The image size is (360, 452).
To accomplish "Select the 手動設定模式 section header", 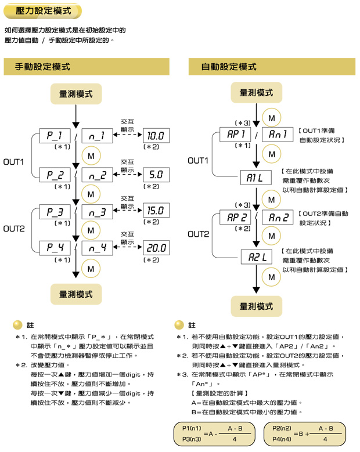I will (43, 67).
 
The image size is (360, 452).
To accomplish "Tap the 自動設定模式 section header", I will (229, 67).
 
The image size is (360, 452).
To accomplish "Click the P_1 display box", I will (55, 136).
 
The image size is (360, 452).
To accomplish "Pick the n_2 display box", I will (97, 175).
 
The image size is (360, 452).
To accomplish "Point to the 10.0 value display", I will (156, 136).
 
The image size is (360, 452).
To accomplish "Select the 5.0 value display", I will (156, 174).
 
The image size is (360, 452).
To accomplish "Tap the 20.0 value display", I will (156, 248).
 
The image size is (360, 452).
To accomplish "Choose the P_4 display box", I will (55, 248).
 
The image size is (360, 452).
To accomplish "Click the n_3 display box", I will (97, 211).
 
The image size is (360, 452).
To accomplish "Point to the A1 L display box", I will (256, 178).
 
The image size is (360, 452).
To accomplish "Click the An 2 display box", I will (278, 218).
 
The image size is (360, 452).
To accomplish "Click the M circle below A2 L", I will (271, 277).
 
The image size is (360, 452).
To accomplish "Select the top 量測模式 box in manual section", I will (75, 93).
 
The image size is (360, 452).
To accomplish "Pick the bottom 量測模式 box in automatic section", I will (256, 305).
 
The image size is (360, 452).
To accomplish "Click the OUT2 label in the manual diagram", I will (14, 229).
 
